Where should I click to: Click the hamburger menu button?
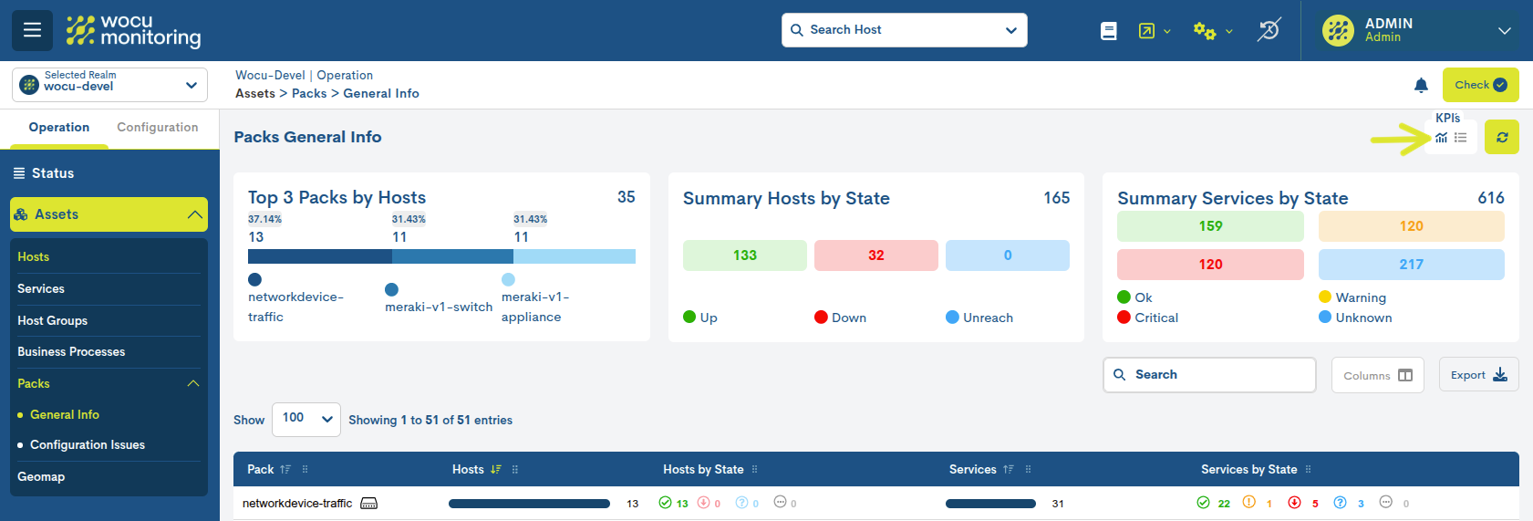[x=32, y=30]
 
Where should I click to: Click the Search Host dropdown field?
[x=904, y=30]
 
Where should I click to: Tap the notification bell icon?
[x=1421, y=85]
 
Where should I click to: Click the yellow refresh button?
[x=1501, y=138]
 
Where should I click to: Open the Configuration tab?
[x=157, y=128]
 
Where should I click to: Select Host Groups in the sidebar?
[x=53, y=320]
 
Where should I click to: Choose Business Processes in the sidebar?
[x=71, y=352]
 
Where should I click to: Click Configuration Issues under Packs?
[x=88, y=445]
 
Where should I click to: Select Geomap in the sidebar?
[x=41, y=477]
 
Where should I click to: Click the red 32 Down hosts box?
[x=875, y=255]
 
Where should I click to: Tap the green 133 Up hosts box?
[x=744, y=255]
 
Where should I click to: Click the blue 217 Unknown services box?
[x=1411, y=265]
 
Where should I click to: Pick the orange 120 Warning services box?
[x=1411, y=226]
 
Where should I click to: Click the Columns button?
[x=1377, y=375]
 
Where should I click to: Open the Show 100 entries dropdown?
[x=306, y=419]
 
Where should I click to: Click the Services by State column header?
[x=1248, y=470]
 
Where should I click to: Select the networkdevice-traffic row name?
[x=297, y=504]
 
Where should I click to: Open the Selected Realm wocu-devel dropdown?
[x=109, y=85]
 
